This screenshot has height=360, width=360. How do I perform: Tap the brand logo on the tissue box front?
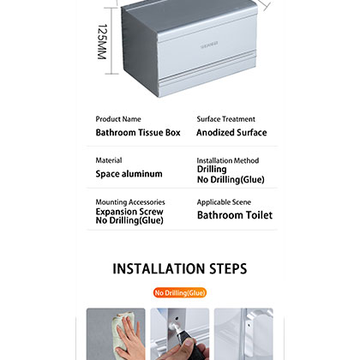[188, 39]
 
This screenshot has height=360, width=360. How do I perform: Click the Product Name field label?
[118, 119]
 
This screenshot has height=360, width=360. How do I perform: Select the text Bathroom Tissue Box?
[137, 133]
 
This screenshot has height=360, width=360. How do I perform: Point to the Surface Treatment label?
[225, 119]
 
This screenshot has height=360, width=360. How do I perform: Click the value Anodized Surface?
[231, 133]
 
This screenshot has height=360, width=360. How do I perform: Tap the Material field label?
[109, 160]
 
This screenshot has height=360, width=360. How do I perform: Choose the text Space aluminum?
[129, 174]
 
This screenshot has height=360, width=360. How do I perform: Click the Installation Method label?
[227, 160]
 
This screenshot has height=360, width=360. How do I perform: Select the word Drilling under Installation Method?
[213, 170]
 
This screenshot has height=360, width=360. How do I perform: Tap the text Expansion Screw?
[129, 211]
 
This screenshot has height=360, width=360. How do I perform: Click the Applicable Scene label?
[224, 201]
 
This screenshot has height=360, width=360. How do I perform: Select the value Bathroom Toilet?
[235, 215]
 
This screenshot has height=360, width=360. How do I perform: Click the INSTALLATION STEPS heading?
[180, 269]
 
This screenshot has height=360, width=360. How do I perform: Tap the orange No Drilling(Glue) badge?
[180, 293]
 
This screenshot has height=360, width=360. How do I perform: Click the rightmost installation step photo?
[243, 334]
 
